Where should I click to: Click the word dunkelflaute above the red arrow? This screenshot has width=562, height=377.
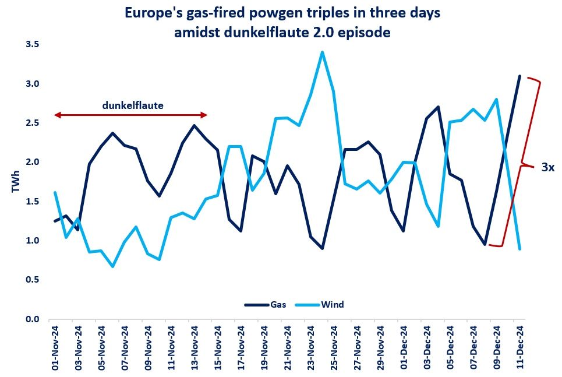tap(133, 105)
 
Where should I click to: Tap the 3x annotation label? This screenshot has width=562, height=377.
tap(547, 167)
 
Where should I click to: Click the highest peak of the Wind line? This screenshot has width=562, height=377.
tap(322, 52)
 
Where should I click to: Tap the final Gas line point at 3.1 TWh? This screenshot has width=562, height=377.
tap(519, 76)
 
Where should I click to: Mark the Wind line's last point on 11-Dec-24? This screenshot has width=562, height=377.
tap(519, 249)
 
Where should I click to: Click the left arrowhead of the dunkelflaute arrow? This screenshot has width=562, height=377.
tap(56, 115)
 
